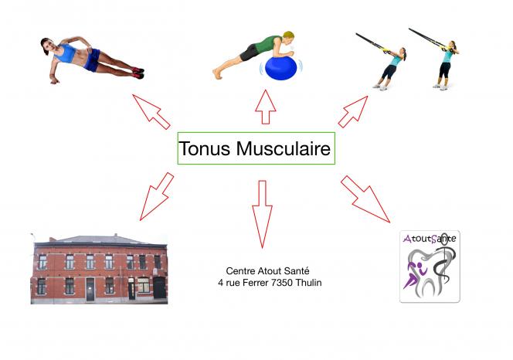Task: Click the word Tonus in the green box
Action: point(205,148)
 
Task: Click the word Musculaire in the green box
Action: point(284,148)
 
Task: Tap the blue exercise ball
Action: point(280,68)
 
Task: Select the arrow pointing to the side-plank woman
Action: point(151,112)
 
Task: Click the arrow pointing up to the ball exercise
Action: point(265,107)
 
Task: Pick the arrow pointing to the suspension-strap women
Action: point(353,111)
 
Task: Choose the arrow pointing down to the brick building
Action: point(156,196)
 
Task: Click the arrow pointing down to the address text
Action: point(262,214)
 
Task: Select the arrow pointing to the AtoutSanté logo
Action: point(365,199)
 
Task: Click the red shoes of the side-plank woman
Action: point(138,73)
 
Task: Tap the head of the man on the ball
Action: point(289,39)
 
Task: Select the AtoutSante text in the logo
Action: point(430,239)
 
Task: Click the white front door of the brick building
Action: point(90,289)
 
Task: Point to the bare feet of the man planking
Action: point(217,73)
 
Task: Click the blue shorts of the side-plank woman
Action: point(92,60)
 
